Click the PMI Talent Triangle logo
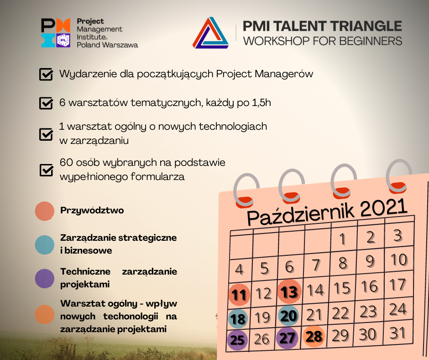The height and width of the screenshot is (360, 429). [x=210, y=33]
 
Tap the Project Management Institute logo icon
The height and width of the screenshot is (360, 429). [x=56, y=33]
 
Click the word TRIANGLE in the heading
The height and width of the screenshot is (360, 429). [x=366, y=26]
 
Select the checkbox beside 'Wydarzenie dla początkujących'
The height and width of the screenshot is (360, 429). [x=46, y=74]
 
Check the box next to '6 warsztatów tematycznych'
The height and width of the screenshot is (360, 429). [x=46, y=103]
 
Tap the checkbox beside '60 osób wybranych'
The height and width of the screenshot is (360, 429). [x=46, y=170]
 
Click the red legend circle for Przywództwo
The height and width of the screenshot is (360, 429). [x=45, y=211]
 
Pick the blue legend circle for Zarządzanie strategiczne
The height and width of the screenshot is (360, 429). [x=45, y=245]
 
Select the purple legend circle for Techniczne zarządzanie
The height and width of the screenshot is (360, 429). [x=45, y=278]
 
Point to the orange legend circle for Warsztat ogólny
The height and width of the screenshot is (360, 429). [x=45, y=314]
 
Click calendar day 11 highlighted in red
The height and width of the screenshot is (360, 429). [x=239, y=295]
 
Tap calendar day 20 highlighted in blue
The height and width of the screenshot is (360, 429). [x=288, y=315]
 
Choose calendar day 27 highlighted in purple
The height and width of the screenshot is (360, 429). [x=287, y=338]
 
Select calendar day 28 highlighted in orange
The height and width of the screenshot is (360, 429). [x=314, y=336]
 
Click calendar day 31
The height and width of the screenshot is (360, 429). [x=397, y=333]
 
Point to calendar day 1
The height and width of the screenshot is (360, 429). [x=342, y=239]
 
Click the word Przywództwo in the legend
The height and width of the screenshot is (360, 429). [x=92, y=211]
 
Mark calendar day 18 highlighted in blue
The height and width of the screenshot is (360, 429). [x=238, y=319]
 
